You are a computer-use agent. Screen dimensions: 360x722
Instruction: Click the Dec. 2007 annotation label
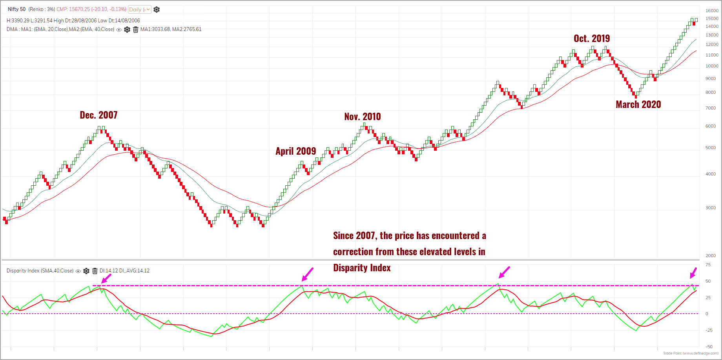click(x=98, y=115)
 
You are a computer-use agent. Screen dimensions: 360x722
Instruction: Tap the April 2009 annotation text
click(x=295, y=151)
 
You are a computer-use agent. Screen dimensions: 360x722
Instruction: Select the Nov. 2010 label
click(x=362, y=117)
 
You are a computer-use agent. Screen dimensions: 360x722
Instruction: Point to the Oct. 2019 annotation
click(x=591, y=38)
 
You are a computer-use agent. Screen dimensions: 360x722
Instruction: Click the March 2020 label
click(x=638, y=104)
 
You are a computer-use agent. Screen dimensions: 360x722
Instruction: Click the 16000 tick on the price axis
click(x=712, y=11)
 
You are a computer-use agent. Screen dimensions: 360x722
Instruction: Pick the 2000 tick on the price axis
click(x=711, y=256)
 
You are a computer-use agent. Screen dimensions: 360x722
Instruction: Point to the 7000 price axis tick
click(x=711, y=108)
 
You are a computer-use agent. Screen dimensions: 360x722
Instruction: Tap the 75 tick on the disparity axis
click(x=708, y=265)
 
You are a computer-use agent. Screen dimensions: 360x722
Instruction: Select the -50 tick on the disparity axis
click(x=709, y=347)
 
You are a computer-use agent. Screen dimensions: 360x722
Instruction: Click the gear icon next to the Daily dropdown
click(x=157, y=9)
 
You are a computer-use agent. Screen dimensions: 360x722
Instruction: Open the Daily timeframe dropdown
click(x=139, y=9)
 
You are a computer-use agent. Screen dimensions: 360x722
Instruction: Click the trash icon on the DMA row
click(x=135, y=29)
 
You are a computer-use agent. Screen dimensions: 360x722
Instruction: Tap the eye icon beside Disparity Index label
click(x=78, y=271)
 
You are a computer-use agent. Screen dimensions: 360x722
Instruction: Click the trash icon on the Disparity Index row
click(x=95, y=271)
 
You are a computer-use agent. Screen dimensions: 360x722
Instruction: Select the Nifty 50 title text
click(x=16, y=9)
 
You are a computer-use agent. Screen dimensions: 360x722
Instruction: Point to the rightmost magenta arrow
click(x=693, y=273)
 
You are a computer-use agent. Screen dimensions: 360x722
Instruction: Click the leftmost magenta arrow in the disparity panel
click(x=106, y=278)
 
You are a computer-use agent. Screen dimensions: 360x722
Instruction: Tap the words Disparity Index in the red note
click(x=362, y=268)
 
